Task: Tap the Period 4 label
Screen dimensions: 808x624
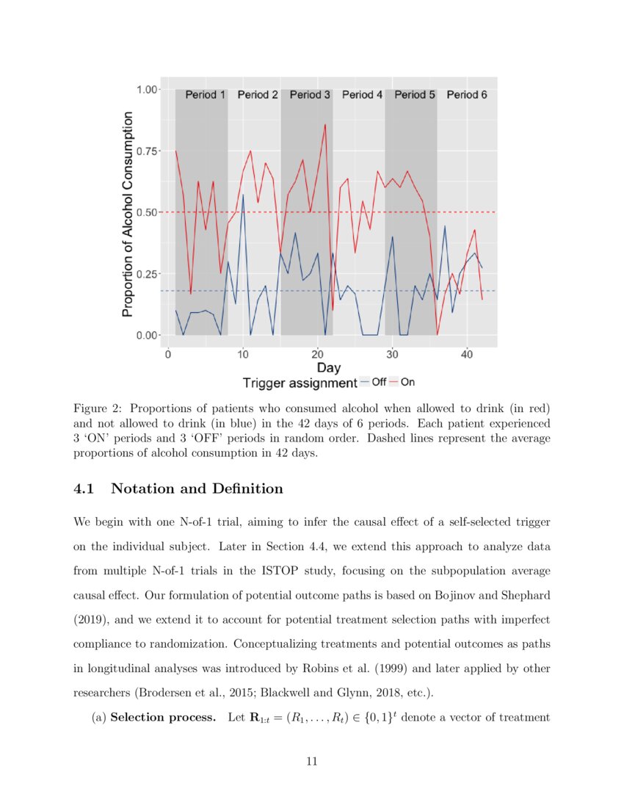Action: point(363,95)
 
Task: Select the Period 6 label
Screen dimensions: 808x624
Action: point(467,95)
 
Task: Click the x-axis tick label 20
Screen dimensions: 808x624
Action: point(317,353)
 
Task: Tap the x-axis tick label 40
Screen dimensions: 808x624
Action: point(466,353)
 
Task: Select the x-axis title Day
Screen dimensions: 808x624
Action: point(328,367)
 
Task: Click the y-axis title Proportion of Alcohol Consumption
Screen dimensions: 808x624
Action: point(128,214)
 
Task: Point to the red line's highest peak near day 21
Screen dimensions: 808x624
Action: point(324,125)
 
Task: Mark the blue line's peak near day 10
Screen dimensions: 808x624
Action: point(243,195)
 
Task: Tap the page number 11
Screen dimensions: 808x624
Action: point(311,762)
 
